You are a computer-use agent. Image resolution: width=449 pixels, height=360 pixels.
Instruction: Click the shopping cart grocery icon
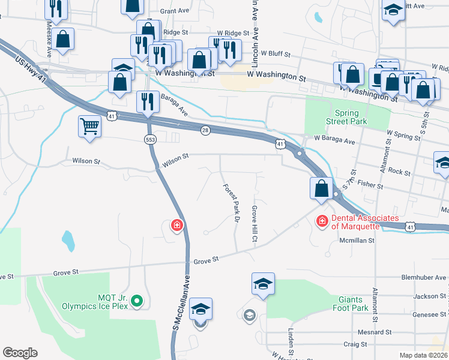(89, 127)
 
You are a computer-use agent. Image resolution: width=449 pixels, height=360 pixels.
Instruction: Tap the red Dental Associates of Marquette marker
(322, 221)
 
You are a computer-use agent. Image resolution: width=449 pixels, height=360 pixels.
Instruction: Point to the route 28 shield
(205, 131)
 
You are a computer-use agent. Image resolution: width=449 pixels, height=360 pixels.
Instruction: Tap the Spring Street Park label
(347, 118)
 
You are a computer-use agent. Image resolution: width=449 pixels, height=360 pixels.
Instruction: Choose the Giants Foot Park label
(350, 304)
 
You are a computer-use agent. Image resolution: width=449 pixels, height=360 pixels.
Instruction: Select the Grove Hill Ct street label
(255, 224)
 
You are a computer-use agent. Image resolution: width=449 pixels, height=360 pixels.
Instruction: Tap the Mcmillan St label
(357, 240)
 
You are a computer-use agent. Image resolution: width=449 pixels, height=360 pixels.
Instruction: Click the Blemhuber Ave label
(425, 278)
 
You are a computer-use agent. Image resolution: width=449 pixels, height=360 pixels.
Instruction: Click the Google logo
(20, 352)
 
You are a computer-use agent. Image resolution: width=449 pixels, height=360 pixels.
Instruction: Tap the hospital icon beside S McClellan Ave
(176, 226)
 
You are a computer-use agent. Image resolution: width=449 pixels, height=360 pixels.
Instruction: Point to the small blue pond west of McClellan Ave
(68, 241)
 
